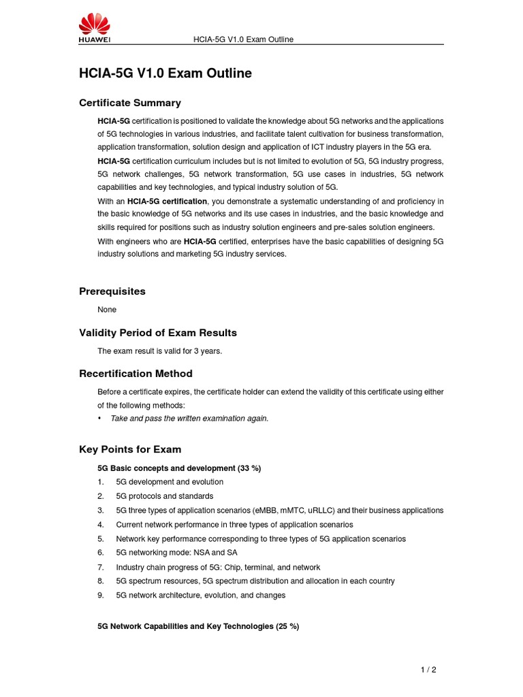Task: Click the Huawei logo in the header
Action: tap(95, 29)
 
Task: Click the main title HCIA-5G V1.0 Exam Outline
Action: tap(165, 74)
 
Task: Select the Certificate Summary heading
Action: tap(130, 103)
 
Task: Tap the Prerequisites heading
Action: tap(112, 291)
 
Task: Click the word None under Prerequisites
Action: tap(107, 310)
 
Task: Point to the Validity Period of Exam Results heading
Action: tap(158, 333)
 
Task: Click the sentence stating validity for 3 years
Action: tap(159, 351)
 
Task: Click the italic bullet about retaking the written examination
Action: tap(189, 419)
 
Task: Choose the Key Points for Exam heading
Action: tap(130, 449)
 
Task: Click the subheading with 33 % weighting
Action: tap(179, 468)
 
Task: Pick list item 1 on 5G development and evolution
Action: tap(170, 482)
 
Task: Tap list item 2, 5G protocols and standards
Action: tap(164, 496)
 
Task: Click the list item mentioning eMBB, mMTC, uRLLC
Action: tap(279, 510)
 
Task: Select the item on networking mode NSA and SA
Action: tap(176, 553)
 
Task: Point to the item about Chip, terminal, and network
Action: tap(218, 567)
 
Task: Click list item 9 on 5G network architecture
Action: tap(200, 596)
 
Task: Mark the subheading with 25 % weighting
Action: tap(198, 626)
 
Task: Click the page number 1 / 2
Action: tap(428, 670)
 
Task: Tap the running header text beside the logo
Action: tap(244, 39)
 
